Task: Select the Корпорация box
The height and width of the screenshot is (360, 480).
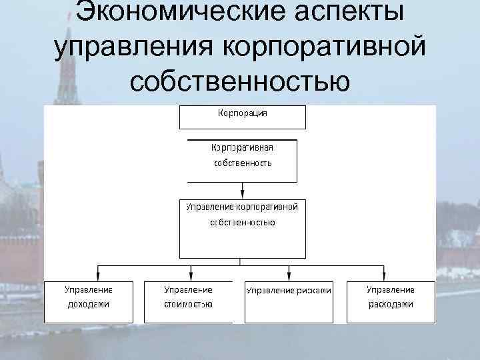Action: [243, 117]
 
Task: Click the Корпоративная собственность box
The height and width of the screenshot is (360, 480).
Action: [243, 161]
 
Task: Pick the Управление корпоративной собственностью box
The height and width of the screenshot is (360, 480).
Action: [243, 227]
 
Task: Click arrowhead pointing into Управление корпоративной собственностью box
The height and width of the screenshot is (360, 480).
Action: [242, 193]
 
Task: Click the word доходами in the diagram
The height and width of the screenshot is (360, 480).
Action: [88, 305]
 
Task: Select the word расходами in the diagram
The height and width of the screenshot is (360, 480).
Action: [391, 305]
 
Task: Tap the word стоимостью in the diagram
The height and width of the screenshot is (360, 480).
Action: [188, 305]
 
